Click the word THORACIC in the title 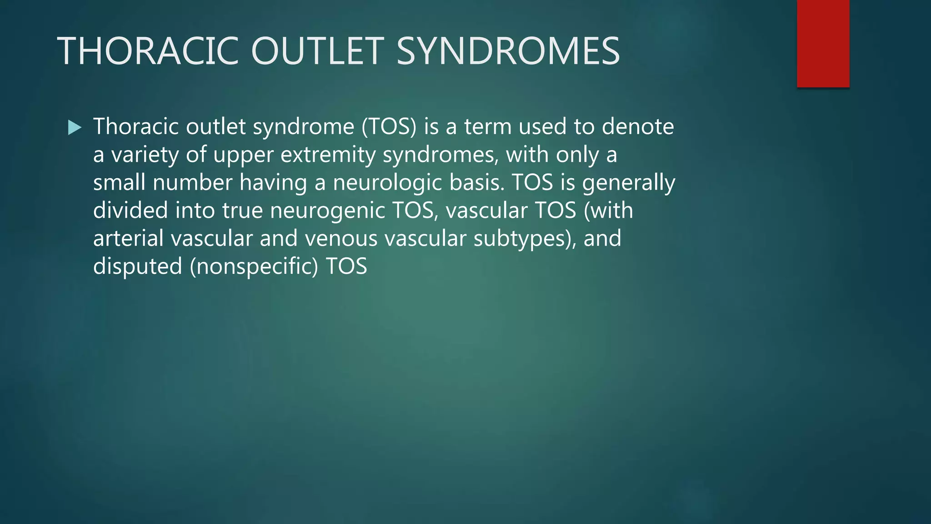coord(148,51)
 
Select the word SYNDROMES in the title coord(508,51)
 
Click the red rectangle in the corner coord(823,43)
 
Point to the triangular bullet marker coord(74,127)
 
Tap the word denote coord(638,126)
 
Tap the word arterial coord(128,238)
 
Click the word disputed coord(137,267)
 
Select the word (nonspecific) coord(254,267)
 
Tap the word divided coord(130,211)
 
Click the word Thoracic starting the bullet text coord(136,126)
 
